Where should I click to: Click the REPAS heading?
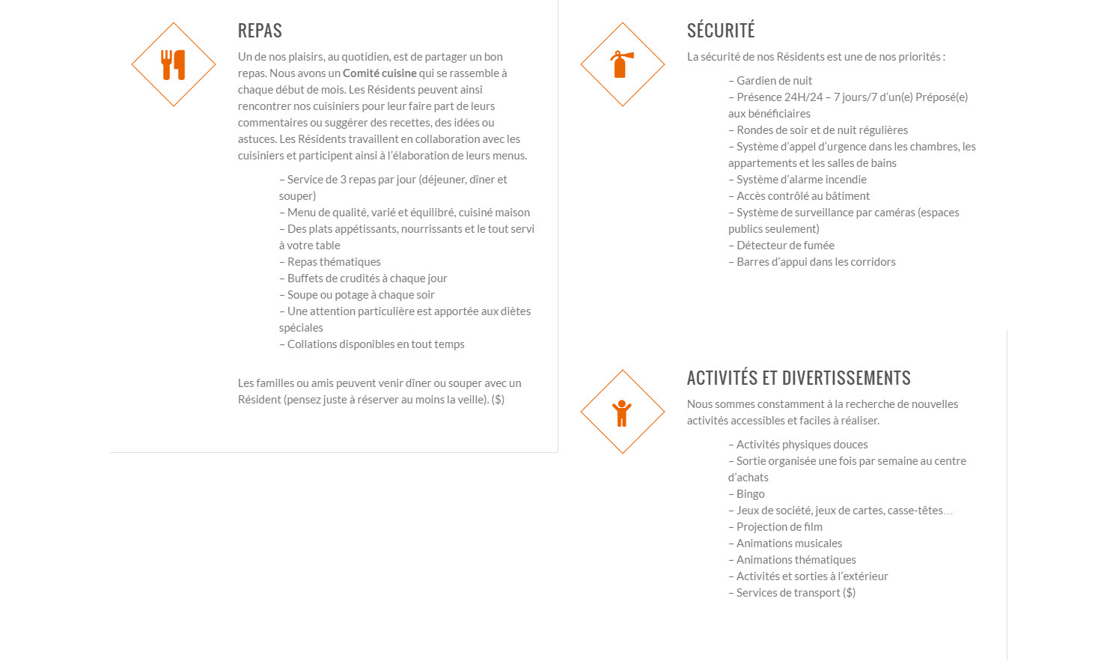(x=260, y=31)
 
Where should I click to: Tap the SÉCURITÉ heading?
(x=721, y=31)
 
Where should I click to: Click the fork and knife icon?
(x=174, y=65)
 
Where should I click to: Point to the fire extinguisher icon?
(x=622, y=64)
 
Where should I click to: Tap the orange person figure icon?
(x=622, y=412)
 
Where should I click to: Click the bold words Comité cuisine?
(x=379, y=73)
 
